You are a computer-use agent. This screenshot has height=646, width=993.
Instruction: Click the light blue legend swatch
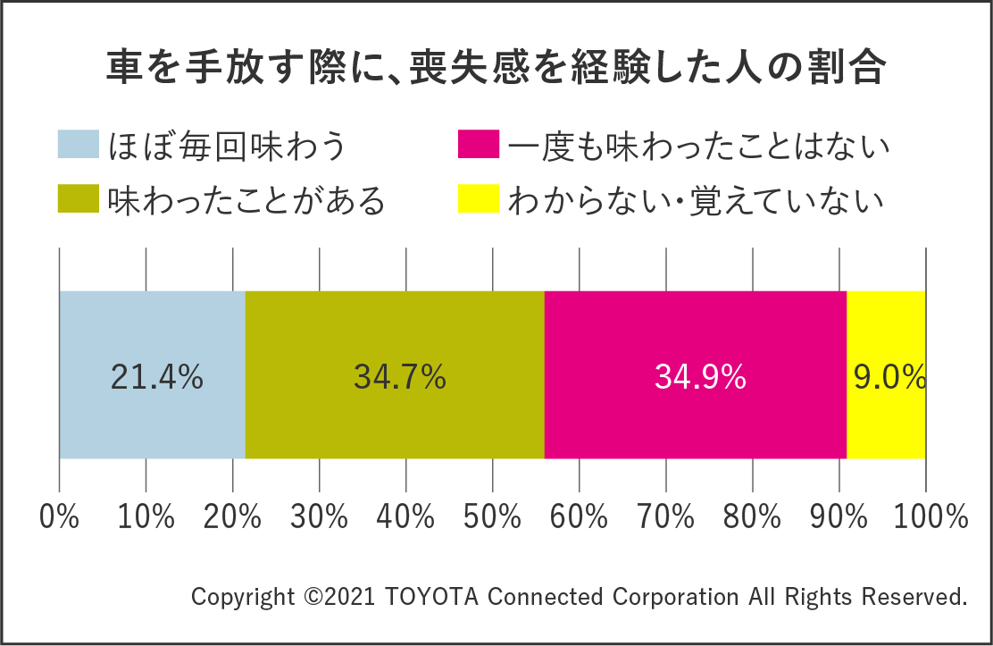click(78, 145)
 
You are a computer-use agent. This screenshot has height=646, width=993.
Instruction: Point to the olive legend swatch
click(78, 199)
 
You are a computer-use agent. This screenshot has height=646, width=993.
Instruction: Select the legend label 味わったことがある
click(246, 200)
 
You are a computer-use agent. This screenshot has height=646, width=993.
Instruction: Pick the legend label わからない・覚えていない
click(696, 200)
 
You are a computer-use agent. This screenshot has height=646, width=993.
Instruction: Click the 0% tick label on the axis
click(60, 516)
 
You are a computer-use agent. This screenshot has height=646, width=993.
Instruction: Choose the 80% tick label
click(752, 516)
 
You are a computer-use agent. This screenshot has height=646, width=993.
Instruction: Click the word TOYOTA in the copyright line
click(433, 596)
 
